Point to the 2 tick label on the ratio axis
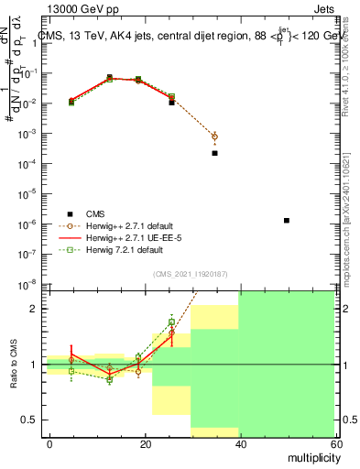(x=34, y=309)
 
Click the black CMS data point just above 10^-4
(x=214, y=153)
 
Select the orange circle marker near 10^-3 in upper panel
(x=214, y=136)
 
